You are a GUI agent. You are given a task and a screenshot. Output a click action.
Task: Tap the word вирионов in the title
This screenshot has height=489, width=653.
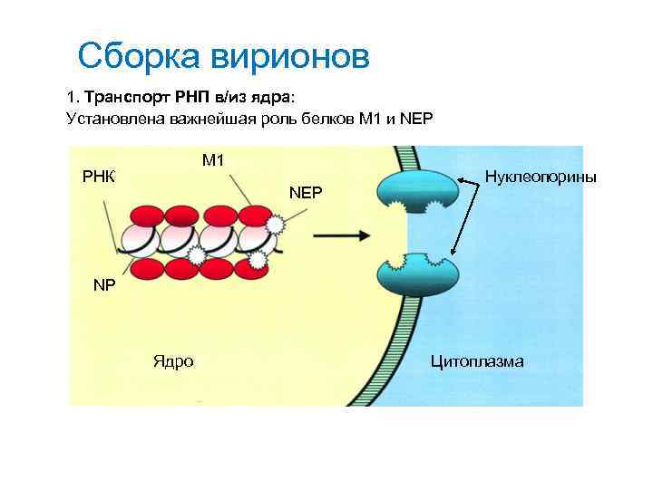(x=290, y=55)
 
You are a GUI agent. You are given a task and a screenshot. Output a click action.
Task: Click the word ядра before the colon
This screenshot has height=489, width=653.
(x=285, y=96)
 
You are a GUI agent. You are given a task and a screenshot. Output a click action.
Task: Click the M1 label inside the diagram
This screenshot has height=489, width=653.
(x=213, y=160)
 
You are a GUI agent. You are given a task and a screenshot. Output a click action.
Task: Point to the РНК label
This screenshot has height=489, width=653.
(x=99, y=175)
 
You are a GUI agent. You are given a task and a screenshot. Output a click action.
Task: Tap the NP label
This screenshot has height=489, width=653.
(x=105, y=284)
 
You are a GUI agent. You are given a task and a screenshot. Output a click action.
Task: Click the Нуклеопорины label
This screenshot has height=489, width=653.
(x=541, y=176)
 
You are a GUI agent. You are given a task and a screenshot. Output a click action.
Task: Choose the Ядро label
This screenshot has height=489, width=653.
(x=172, y=361)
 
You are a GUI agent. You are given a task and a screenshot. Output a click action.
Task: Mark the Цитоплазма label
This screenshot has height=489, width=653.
(x=477, y=361)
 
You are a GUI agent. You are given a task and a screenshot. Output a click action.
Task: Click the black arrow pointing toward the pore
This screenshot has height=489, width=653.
(x=342, y=235)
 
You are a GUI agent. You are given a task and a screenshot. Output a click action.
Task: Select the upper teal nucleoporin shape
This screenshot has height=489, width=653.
(x=419, y=190)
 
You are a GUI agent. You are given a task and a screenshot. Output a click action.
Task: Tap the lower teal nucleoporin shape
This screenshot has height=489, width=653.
(x=419, y=275)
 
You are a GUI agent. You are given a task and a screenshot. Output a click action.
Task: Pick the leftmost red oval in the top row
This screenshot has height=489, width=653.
(x=147, y=216)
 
